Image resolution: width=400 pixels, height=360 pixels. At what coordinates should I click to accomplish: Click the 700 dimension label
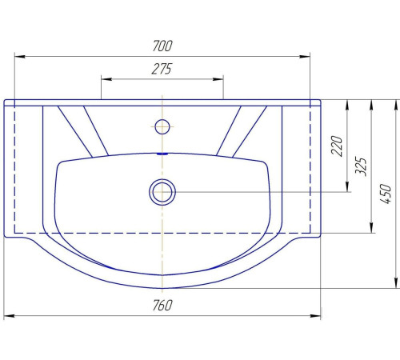(162, 46)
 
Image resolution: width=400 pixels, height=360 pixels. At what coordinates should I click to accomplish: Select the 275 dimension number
(162, 69)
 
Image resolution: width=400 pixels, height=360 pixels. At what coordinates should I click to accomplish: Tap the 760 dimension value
(162, 306)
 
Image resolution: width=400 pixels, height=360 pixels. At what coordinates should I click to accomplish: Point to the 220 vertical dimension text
(337, 146)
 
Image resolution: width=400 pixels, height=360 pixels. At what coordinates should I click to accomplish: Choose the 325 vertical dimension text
(361, 166)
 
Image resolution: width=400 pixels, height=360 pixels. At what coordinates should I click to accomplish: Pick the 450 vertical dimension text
(386, 194)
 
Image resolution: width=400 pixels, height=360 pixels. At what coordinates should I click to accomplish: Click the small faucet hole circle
(162, 126)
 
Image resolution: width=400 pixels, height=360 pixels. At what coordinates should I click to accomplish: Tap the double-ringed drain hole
(162, 192)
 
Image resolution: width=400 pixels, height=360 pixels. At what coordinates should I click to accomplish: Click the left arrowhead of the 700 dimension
(20, 57)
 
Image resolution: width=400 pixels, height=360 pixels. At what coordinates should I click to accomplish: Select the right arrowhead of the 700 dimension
(305, 57)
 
